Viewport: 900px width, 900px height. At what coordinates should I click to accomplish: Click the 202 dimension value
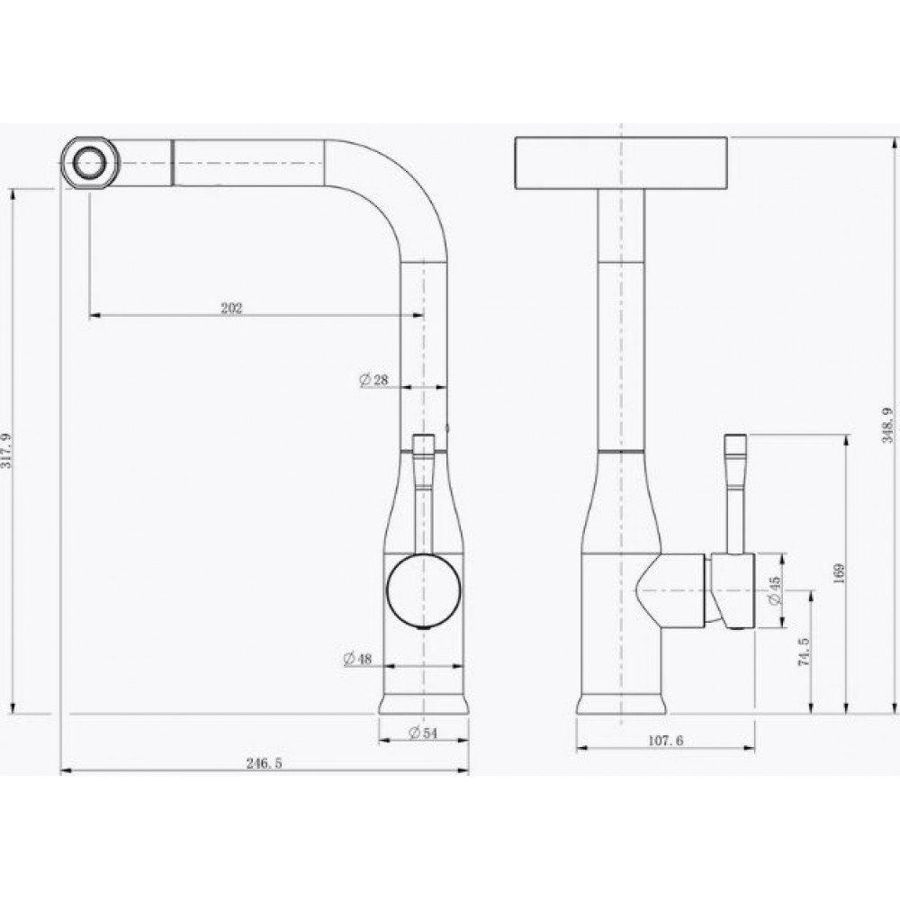click(x=231, y=308)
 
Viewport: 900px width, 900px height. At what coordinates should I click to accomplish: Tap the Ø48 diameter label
click(x=357, y=659)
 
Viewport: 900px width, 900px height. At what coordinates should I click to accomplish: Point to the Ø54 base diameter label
click(x=422, y=733)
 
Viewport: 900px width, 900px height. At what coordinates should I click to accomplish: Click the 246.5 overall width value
click(x=264, y=763)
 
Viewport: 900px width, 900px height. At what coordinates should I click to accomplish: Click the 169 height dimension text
click(x=839, y=573)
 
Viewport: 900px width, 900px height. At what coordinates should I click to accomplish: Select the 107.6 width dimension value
click(x=666, y=742)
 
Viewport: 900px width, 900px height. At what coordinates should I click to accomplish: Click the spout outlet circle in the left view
click(x=89, y=162)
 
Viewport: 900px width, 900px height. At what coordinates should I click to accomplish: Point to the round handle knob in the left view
click(x=423, y=590)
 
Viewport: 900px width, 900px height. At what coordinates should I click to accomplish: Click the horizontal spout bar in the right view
click(x=621, y=163)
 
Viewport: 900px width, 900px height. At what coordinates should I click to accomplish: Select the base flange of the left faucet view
click(x=424, y=704)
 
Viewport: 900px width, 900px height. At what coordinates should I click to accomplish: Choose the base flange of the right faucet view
click(x=621, y=706)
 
